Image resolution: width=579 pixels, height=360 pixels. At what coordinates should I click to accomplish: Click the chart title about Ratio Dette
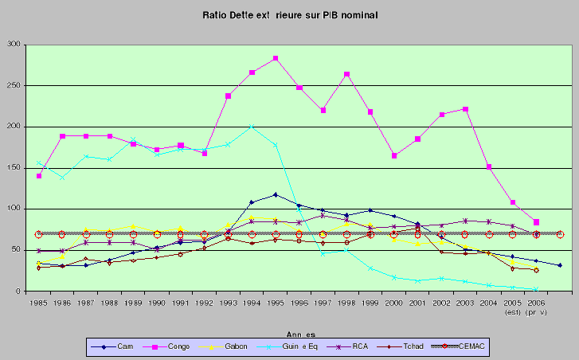coord(290,14)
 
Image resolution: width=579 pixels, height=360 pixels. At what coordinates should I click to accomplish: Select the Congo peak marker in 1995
coord(275,58)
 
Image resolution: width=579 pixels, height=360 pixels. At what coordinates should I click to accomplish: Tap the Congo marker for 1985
coord(38,175)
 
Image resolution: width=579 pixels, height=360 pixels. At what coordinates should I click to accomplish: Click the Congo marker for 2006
coord(536,221)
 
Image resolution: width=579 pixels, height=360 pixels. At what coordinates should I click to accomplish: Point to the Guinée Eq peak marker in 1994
coord(252,127)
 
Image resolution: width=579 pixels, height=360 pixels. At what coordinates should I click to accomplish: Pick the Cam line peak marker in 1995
coord(275,194)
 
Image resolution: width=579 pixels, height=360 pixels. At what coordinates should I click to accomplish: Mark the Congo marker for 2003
coord(464,109)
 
